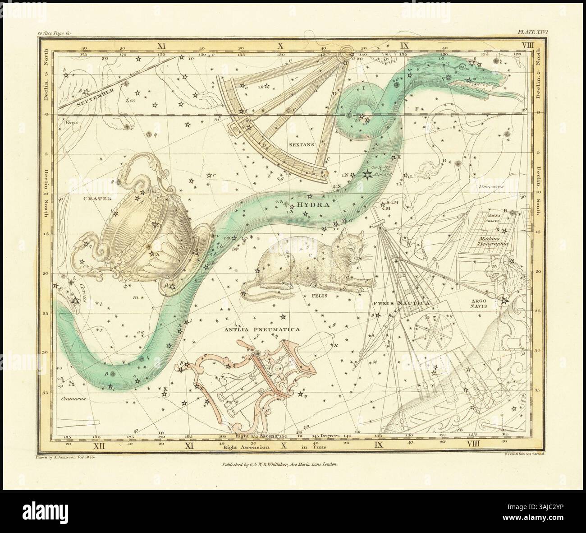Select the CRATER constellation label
92,198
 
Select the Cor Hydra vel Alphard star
365,174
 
